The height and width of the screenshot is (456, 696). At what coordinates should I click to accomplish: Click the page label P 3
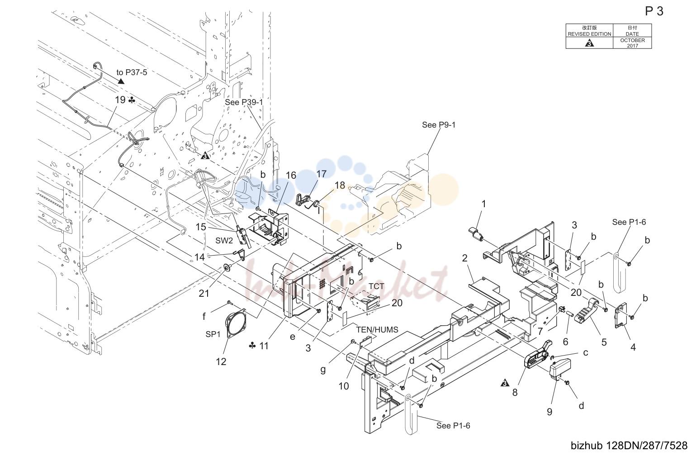[654, 11]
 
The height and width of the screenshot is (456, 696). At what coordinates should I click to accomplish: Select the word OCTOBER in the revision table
[632, 40]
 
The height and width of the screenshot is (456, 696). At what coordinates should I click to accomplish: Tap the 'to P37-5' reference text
[132, 72]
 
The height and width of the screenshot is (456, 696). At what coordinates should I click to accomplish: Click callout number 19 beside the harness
[120, 100]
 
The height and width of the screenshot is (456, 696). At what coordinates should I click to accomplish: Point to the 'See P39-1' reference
[244, 102]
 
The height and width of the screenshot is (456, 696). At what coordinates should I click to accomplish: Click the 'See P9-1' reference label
[438, 125]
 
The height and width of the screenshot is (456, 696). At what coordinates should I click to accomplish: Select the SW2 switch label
[224, 241]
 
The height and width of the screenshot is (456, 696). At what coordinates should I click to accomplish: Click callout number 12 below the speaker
[221, 361]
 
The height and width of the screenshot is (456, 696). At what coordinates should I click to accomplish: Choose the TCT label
[376, 286]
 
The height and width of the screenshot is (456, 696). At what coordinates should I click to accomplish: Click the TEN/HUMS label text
[377, 329]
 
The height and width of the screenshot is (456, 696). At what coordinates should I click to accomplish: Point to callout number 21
[204, 293]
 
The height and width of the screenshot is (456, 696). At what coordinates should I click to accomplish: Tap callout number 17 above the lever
[321, 174]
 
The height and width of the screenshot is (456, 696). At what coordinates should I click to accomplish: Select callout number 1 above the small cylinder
[483, 204]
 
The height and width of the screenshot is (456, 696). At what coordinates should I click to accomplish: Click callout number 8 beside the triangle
[515, 393]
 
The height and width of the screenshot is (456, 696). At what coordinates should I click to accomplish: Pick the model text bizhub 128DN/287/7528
[629, 446]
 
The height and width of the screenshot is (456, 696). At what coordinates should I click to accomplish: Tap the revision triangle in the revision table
[589, 43]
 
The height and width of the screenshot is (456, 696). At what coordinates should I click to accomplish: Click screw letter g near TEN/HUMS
[323, 370]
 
